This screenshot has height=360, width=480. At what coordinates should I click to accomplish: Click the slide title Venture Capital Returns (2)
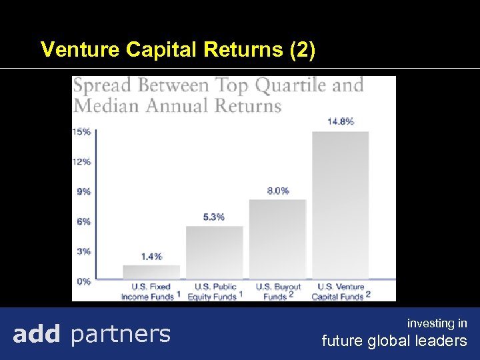coord(178,50)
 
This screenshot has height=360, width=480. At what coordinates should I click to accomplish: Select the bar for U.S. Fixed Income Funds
coord(151,272)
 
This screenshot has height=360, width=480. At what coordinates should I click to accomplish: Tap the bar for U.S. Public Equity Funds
coord(215,252)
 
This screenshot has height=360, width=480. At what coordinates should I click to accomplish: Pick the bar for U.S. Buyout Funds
coord(277,239)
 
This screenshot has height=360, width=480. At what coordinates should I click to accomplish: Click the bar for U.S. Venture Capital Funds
coord(340,205)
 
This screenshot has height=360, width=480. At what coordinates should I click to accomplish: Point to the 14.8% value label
coord(340,121)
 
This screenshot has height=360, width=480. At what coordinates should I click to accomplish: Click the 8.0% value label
coord(278,190)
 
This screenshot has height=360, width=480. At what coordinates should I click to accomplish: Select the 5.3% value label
coord(214,217)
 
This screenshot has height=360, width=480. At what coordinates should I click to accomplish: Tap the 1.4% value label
coord(151,256)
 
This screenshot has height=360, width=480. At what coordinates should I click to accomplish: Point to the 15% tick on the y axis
coord(82,131)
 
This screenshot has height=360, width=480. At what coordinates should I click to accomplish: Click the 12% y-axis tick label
coord(82,161)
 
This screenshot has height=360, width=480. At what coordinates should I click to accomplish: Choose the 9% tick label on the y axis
coord(83,191)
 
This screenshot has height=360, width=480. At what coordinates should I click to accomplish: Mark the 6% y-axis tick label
coord(83,221)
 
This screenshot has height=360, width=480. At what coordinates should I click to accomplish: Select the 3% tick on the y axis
coord(83,251)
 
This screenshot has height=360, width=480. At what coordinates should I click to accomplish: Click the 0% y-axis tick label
coord(83,281)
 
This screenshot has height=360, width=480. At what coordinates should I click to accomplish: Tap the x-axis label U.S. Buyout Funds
coord(278,291)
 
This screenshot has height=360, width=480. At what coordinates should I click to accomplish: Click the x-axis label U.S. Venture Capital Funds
coord(341,291)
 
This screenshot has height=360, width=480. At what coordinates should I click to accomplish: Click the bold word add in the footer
coord(37,333)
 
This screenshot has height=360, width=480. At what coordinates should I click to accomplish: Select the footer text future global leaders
coord(394,341)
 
